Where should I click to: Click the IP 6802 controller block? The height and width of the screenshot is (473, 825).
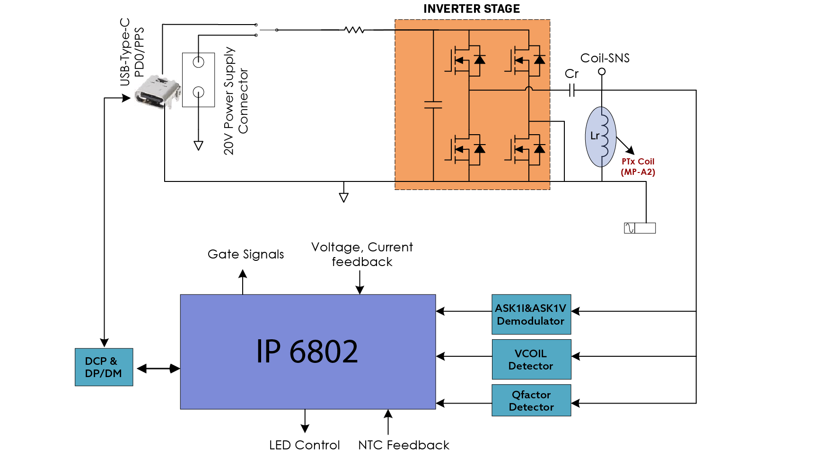[x=307, y=352]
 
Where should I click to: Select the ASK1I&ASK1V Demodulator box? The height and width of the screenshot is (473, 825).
[x=531, y=314]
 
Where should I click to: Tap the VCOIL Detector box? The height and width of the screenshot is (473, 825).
[x=531, y=359]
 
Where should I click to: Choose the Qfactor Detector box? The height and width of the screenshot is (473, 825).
[x=531, y=400]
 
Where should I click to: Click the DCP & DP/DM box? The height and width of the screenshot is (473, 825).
[x=104, y=367]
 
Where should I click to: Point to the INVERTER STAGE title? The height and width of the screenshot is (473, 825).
[x=472, y=9]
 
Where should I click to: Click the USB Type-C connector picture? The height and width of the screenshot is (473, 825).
[x=158, y=92]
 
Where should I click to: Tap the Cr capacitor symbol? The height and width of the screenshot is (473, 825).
[x=571, y=90]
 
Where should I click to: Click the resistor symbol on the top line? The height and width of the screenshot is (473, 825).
[x=354, y=30]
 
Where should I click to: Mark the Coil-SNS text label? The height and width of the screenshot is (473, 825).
[x=605, y=58]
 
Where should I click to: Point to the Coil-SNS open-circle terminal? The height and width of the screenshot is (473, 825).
[x=602, y=72]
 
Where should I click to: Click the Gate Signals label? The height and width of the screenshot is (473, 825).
[x=246, y=254]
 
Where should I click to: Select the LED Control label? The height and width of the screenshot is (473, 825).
[x=304, y=445]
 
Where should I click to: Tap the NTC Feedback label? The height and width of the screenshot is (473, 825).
[x=404, y=445]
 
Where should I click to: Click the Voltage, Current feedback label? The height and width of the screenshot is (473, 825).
[x=362, y=254]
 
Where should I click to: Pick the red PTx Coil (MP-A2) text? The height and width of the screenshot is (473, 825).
[x=638, y=167]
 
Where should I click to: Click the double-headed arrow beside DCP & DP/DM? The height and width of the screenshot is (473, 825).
[x=158, y=368]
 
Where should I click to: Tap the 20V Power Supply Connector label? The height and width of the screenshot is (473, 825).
[x=236, y=101]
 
